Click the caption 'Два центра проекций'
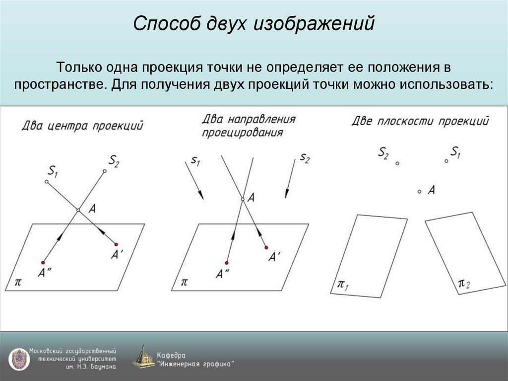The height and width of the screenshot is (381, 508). point(82,125)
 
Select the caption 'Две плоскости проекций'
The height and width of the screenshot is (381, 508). point(420,121)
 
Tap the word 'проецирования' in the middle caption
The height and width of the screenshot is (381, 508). point(243,133)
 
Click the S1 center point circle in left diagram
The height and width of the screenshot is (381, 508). point(47,182)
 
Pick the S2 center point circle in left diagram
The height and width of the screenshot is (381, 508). point(105,171)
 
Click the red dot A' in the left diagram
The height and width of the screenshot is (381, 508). point(116,244)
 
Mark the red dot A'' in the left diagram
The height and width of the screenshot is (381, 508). point(44,262)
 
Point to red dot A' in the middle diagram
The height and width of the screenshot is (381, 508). point(266,247)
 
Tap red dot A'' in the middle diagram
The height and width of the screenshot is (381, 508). point(227,263)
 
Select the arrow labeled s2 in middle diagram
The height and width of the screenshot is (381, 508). point(290,180)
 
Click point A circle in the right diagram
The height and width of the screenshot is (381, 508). point(420,191)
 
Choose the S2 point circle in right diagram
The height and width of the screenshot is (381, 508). point(397,163)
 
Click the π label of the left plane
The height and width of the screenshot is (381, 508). point(18,282)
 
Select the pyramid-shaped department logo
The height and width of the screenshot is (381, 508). point(143,357)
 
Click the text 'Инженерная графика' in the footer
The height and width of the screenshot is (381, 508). point(195,364)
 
